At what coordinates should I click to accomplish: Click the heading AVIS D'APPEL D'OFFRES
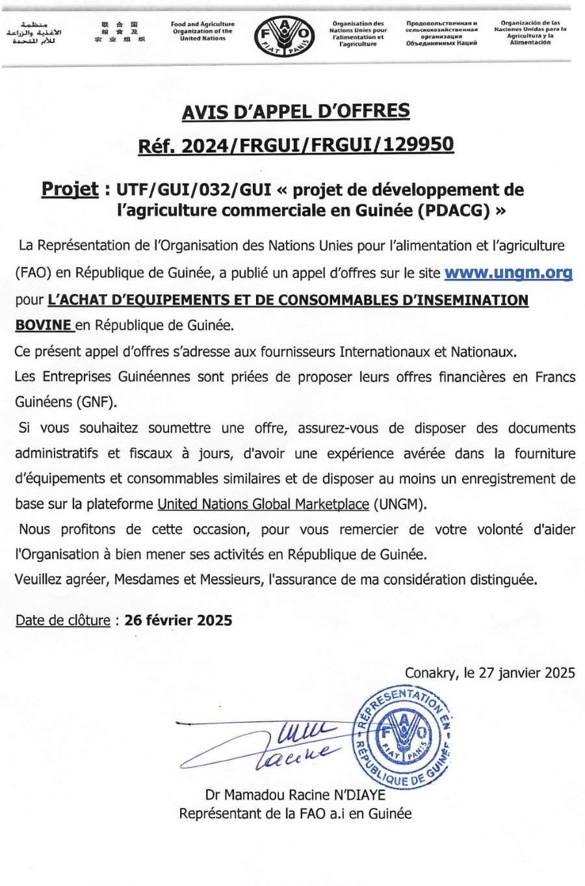[x=296, y=112]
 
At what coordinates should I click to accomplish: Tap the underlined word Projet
[x=70, y=189]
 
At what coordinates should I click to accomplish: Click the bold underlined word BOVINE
[x=43, y=324]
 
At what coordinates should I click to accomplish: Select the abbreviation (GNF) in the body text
[x=98, y=402]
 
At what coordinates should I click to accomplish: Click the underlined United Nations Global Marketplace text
[x=263, y=504]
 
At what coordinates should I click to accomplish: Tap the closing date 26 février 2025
[x=178, y=620]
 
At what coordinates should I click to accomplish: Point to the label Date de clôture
[x=62, y=620]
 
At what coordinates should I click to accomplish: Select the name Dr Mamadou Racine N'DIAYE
[x=295, y=794]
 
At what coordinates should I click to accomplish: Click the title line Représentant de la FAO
[x=295, y=813]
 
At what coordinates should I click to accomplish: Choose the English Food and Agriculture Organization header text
[x=202, y=31]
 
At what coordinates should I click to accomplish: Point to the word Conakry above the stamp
[x=430, y=673]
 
